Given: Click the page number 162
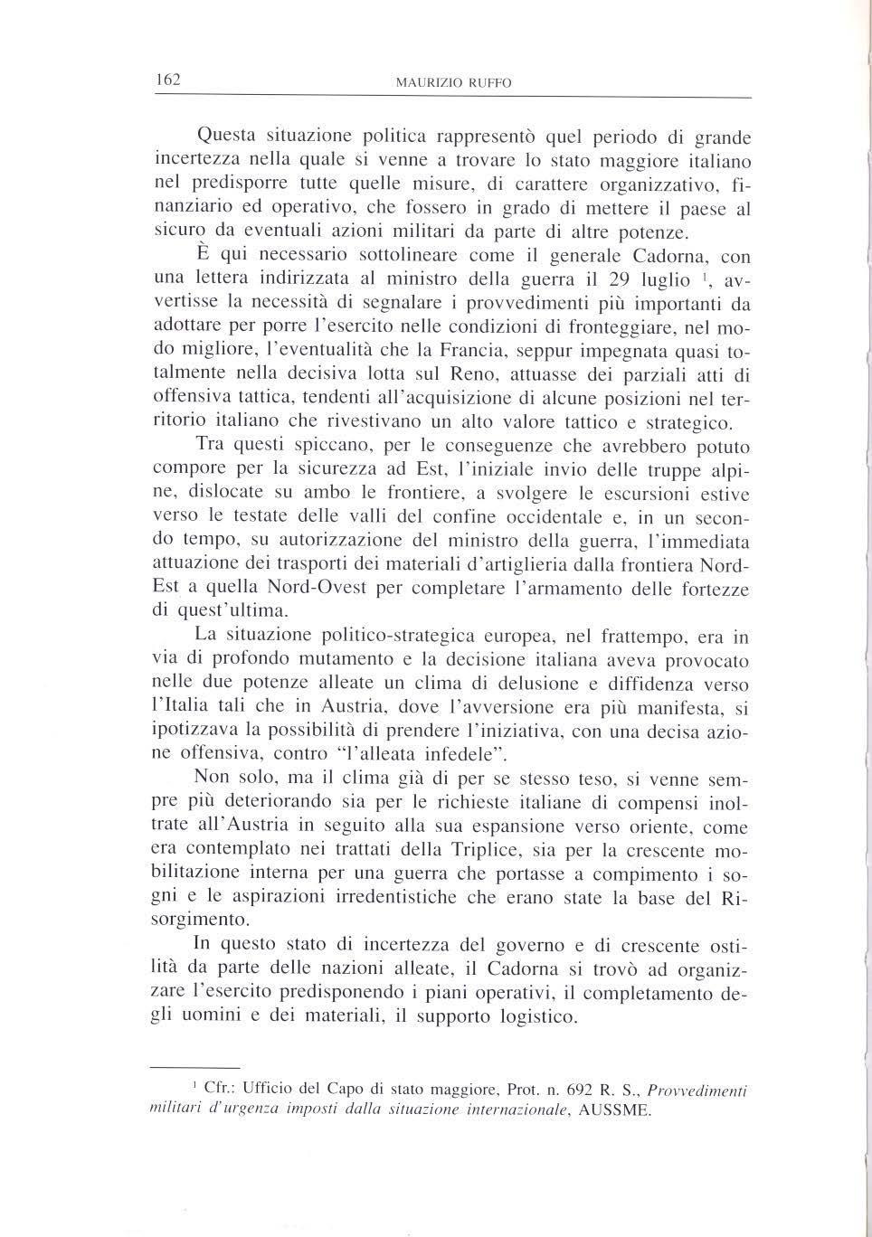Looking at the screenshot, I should tap(168, 80).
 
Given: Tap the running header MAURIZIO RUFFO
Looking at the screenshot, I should tap(453, 82).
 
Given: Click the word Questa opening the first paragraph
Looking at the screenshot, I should tap(228, 137).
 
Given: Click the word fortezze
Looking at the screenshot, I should tap(716, 589).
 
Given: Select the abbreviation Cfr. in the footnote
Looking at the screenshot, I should tap(220, 1089).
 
